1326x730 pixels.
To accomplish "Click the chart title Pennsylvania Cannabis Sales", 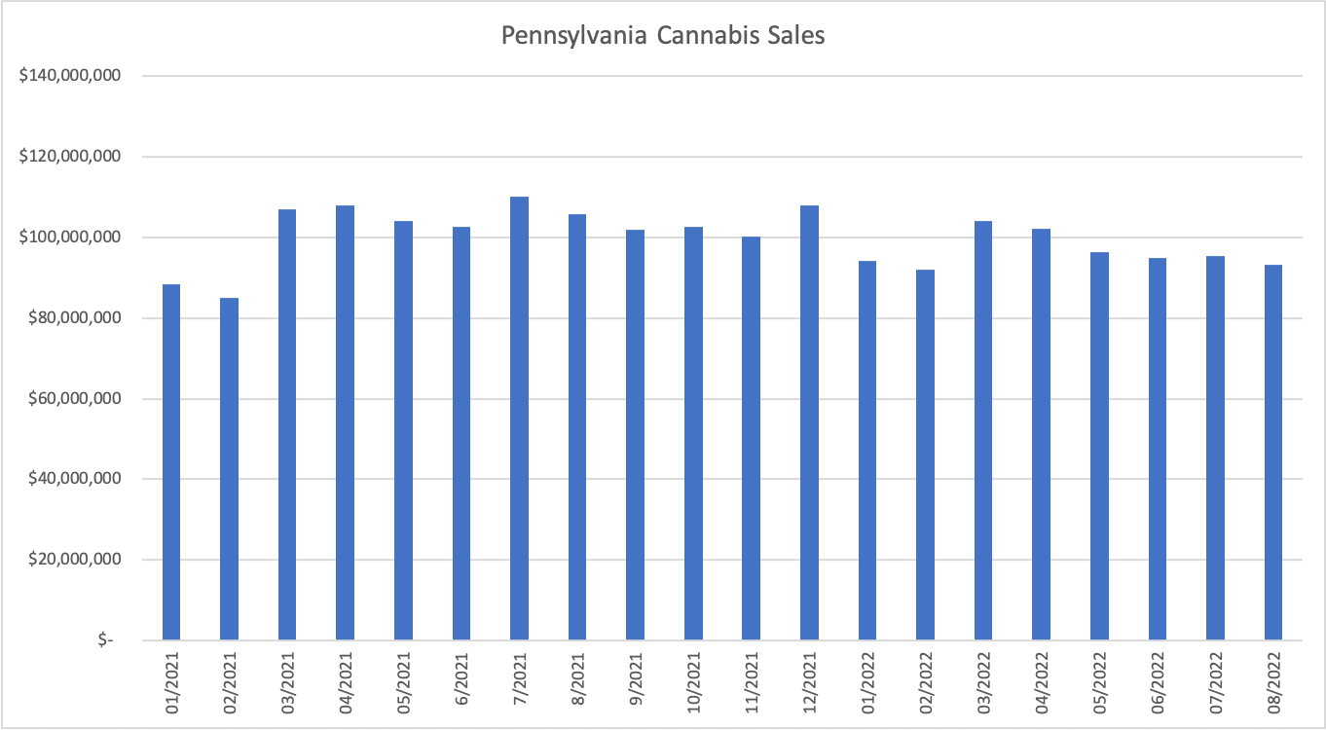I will [663, 36].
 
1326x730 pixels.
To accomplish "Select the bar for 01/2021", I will [171, 462].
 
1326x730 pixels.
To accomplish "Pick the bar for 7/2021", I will [519, 419].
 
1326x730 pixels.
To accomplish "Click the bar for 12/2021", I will [809, 422].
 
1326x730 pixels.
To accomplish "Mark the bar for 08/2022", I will [1273, 453].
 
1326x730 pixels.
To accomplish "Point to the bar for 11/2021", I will [752, 438].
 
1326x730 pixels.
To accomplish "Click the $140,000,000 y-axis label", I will [69, 76].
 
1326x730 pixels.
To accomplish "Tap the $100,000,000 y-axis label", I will [69, 237].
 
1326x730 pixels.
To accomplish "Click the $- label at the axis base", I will [104, 640].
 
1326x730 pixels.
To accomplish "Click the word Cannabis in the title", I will [706, 36].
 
